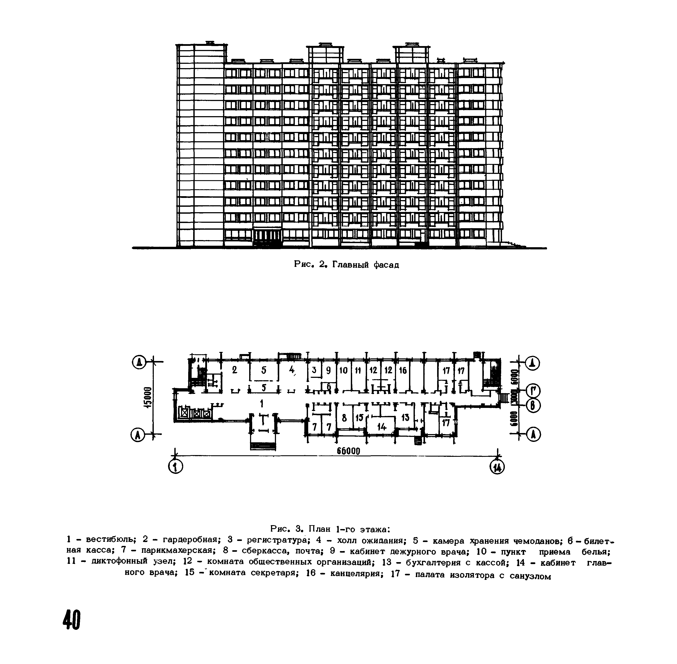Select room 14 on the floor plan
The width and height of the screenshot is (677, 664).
click(x=382, y=426)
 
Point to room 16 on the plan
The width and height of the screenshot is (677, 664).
click(x=403, y=370)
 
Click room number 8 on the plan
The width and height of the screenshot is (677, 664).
click(x=344, y=418)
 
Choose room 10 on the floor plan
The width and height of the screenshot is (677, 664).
click(x=343, y=370)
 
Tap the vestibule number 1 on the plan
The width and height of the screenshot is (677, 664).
click(x=261, y=404)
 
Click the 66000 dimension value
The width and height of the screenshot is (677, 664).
click(x=348, y=451)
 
